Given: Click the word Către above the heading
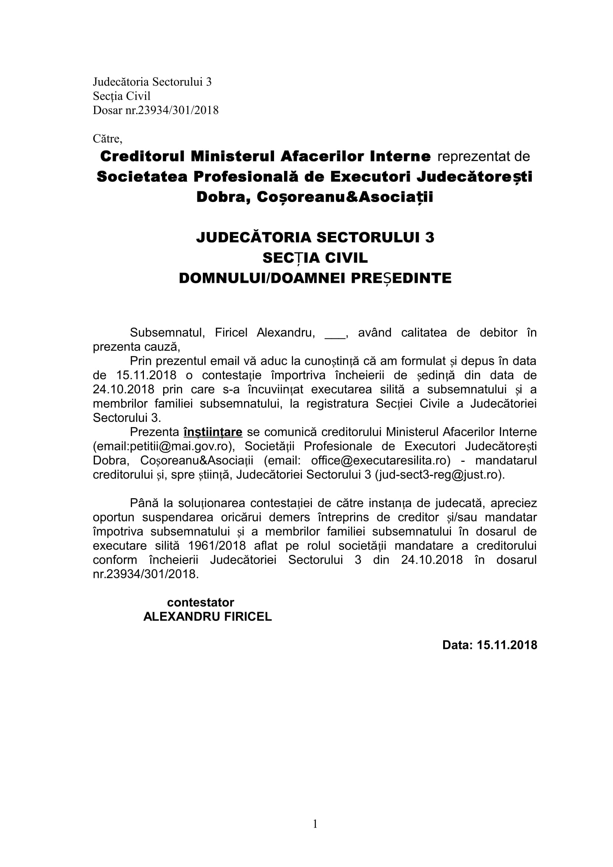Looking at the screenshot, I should coord(107,139).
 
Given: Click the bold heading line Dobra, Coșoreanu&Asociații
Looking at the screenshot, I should coord(314,197).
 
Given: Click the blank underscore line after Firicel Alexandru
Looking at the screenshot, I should coord(335,332).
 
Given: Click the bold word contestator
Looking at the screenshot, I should coord(201,602).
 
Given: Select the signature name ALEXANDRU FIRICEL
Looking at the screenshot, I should coord(207,617).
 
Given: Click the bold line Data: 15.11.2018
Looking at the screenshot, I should coord(490,645).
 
